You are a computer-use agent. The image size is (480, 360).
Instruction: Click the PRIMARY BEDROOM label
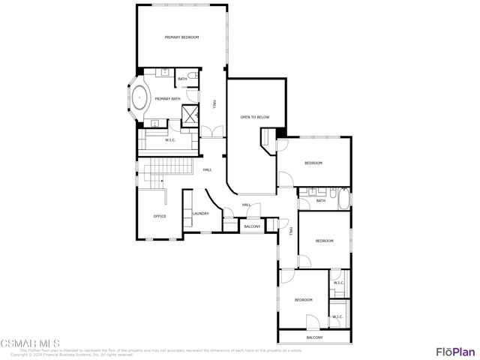pyautogui.click(x=181, y=37)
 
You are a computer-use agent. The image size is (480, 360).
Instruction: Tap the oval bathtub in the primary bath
pyautogui.click(x=140, y=97)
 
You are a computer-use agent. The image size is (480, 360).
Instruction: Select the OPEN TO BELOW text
pyautogui.click(x=254, y=118)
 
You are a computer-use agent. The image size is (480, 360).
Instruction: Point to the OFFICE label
pyautogui.click(x=160, y=216)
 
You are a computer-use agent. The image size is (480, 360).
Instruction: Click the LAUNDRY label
pyautogui.click(x=200, y=213)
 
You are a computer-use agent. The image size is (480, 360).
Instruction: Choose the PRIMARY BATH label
pyautogui.click(x=167, y=98)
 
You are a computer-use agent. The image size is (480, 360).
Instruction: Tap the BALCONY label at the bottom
pyautogui.click(x=314, y=337)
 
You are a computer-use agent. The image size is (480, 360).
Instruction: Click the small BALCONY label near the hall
pyautogui.click(x=252, y=226)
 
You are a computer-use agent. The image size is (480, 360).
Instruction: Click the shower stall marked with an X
pyautogui.click(x=190, y=114)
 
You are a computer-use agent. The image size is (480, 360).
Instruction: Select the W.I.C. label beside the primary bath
pyautogui.click(x=170, y=140)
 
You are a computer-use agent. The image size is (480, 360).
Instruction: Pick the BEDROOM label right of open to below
pyautogui.click(x=313, y=163)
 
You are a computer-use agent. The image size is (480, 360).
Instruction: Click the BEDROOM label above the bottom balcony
pyautogui.click(x=303, y=299)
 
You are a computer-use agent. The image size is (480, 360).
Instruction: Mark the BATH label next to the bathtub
pyautogui.click(x=320, y=200)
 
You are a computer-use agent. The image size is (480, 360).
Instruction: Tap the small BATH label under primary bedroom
pyautogui.click(x=182, y=78)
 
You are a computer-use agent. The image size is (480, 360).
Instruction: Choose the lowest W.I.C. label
pyautogui.click(x=337, y=316)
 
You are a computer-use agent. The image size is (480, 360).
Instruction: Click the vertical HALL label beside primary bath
pyautogui.click(x=214, y=105)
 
